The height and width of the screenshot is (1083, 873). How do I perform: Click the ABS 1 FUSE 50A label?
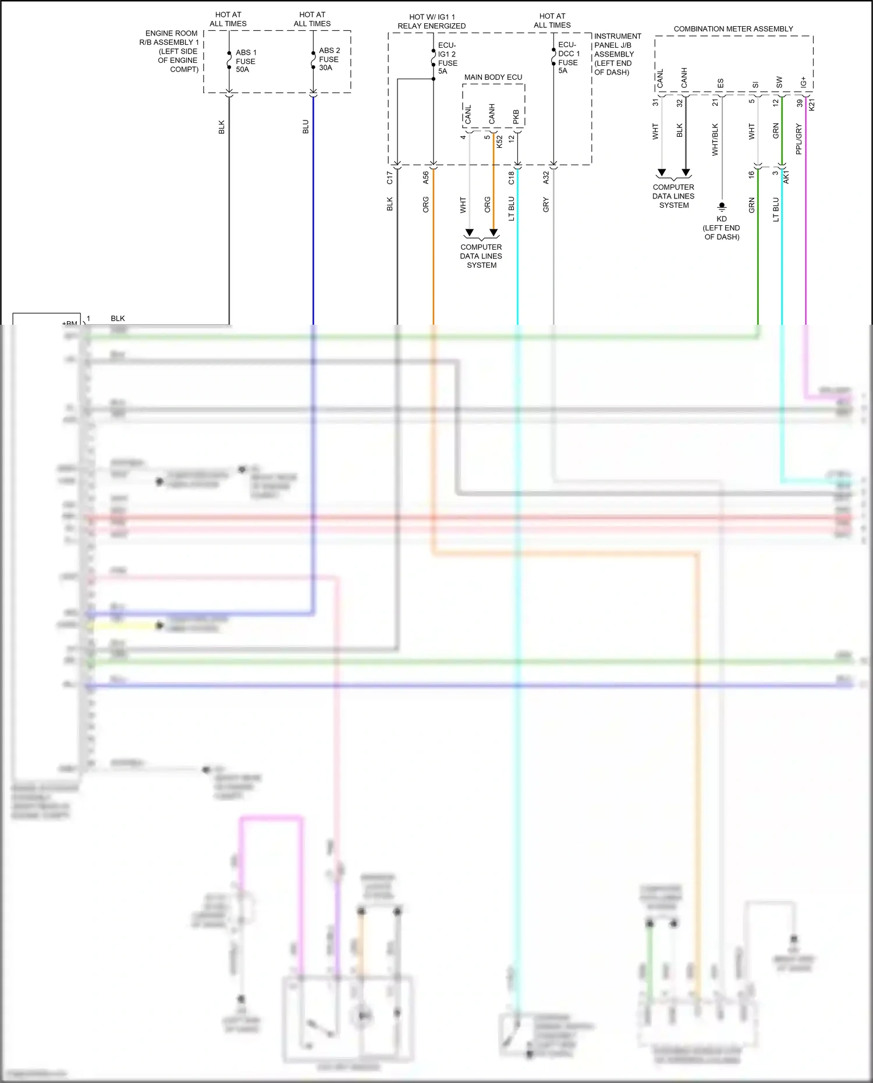[x=245, y=61]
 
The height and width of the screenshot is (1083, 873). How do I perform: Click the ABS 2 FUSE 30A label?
[x=329, y=59]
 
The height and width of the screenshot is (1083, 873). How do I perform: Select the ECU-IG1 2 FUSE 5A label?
[x=447, y=58]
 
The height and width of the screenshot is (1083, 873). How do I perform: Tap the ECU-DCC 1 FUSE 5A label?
[x=568, y=58]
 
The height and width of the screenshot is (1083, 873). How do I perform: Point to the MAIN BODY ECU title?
[x=493, y=77]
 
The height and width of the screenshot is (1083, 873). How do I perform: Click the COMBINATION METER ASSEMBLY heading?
[x=733, y=29]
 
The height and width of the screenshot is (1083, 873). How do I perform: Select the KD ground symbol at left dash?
[x=722, y=207]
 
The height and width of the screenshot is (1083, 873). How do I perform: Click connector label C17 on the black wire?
[x=390, y=178]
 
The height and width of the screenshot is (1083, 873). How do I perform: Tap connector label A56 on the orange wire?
[x=426, y=178]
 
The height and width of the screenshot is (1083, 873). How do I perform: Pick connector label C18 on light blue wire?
[x=511, y=178]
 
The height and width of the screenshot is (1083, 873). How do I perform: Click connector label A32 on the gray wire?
[x=546, y=178]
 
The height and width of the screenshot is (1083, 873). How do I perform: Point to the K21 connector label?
[x=812, y=105]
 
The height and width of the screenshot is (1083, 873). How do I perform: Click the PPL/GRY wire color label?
[x=799, y=139]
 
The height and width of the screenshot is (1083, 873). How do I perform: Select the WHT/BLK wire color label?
[x=715, y=140]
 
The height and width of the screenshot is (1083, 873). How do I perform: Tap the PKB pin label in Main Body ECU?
[x=516, y=116]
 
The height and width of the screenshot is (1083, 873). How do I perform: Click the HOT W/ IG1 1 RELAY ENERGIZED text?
[x=431, y=22]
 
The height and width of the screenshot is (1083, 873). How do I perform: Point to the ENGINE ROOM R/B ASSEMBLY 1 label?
[x=171, y=51]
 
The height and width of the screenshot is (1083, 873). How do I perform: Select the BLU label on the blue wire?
[x=306, y=127]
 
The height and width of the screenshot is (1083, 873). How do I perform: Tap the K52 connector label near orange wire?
[x=499, y=141]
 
